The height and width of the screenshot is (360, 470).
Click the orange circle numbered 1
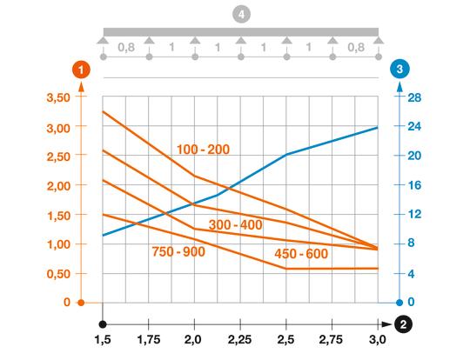(80, 69)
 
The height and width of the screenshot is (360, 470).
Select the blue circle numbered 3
(399, 69)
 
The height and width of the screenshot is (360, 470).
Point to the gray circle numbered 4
(240, 13)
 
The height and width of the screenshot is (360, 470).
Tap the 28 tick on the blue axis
(414, 97)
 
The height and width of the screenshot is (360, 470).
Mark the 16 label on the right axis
(414, 185)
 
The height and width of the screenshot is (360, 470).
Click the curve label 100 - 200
(203, 150)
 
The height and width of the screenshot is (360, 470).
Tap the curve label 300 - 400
(235, 225)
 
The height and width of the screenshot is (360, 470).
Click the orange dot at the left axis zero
(80, 303)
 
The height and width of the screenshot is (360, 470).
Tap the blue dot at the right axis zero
(399, 303)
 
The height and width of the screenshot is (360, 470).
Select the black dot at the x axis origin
(103, 322)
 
